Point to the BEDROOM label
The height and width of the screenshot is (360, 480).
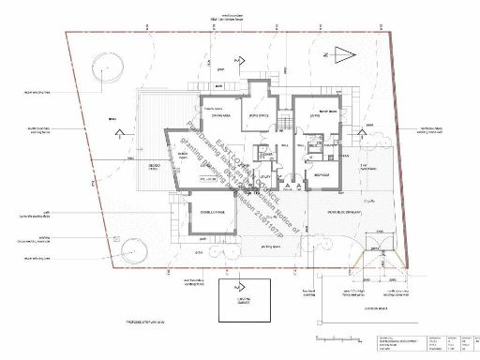[320, 174]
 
